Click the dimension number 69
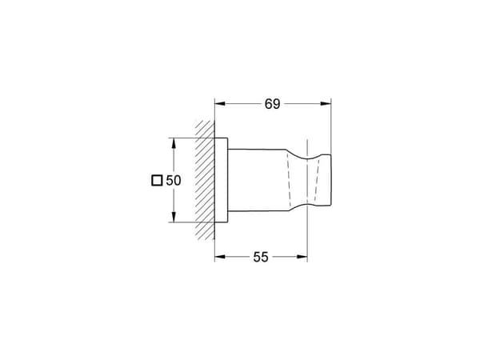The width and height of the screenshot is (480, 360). pos(272,104)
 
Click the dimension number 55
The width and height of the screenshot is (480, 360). pos(261,257)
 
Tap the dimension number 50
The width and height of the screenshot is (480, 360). pos(174,181)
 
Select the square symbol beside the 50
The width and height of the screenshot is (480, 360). pos(157,181)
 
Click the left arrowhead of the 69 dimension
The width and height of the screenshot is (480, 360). pos(220,104)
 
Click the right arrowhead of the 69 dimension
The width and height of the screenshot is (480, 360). pos(326,104)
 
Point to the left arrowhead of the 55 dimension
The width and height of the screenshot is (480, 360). pos(220,257)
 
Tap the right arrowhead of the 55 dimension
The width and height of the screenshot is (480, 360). pos(302,257)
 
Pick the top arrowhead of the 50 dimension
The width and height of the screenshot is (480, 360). pos(174,143)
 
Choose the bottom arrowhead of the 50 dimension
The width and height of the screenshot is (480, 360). pos(174,217)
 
